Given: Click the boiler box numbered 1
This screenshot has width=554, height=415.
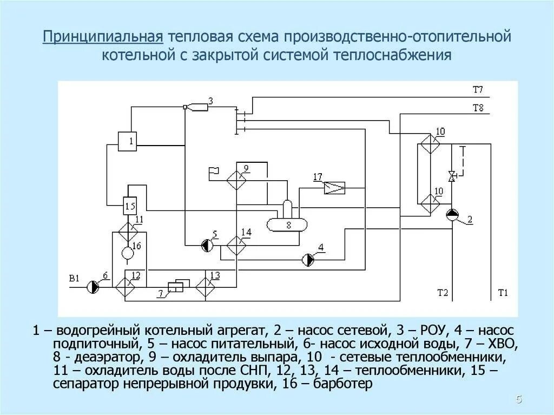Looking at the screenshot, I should click(128, 141).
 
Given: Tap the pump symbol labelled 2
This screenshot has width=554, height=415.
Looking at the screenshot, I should click(452, 215).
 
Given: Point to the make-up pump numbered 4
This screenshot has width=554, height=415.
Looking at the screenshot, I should click(308, 260).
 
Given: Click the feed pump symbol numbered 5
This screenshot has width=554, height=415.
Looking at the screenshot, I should click(206, 246).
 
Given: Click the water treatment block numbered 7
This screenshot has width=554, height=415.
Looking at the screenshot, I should click(175, 287).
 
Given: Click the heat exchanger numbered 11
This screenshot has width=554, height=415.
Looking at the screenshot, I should click(128, 230).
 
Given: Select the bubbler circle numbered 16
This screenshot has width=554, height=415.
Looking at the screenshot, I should click(128, 253).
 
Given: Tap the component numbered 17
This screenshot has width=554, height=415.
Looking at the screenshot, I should click(334, 188).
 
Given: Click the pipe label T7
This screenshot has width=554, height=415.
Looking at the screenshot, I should click(478, 89).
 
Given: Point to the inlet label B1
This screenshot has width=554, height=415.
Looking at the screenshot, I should click(74, 279).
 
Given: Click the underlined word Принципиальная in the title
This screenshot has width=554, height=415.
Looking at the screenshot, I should click(103, 38).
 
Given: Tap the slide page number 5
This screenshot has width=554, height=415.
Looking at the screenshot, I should click(519, 400).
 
